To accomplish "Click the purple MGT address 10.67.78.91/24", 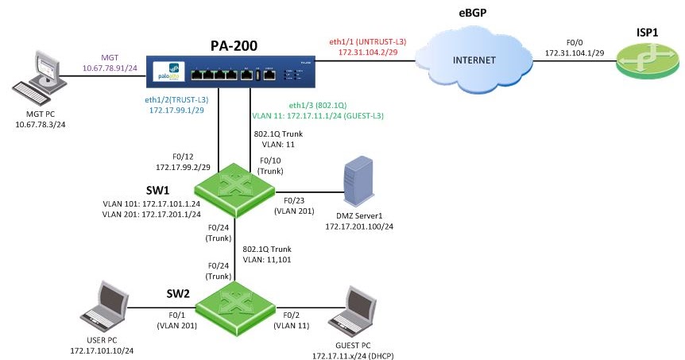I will (110, 68).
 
